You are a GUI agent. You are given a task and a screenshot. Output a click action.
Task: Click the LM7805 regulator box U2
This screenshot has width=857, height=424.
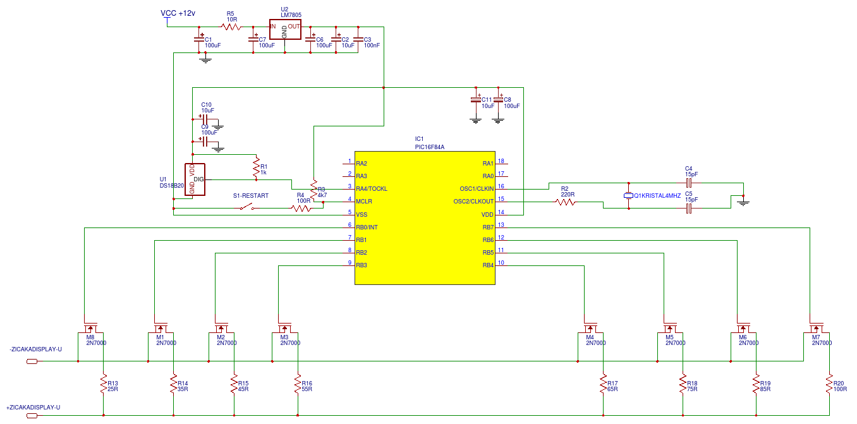click(285, 30)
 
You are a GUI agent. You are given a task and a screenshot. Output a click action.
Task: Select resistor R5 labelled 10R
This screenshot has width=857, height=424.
click(230, 27)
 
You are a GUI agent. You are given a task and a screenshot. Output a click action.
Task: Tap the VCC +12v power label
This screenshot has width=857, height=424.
click(178, 13)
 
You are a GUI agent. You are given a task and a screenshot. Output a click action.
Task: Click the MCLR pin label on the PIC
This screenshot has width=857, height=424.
click(364, 202)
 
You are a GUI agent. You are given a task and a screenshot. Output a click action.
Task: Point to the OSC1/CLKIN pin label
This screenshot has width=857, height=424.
click(477, 189)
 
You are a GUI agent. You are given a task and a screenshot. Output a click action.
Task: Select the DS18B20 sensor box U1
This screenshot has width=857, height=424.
click(195, 179)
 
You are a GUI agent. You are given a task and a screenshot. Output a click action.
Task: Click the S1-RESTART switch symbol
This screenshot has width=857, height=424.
click(246, 208)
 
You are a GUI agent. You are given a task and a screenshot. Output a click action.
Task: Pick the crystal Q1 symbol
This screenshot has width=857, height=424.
click(629, 195)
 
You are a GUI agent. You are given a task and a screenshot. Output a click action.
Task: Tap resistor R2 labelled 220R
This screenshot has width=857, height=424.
click(566, 202)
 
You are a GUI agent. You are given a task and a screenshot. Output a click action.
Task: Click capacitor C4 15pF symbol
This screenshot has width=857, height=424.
click(689, 183)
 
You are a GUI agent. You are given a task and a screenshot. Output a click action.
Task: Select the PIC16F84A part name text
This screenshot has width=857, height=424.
click(430, 147)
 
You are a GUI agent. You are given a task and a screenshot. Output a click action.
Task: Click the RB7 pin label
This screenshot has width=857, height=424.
click(488, 227)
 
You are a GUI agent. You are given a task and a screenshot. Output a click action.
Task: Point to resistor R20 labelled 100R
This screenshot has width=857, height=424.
click(829, 384)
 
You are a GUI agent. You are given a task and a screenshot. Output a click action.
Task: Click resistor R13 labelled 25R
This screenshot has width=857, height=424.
click(103, 384)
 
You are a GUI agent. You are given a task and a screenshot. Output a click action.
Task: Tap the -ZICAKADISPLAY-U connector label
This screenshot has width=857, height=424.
click(35, 349)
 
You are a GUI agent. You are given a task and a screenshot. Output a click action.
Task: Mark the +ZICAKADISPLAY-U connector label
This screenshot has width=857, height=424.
click(33, 408)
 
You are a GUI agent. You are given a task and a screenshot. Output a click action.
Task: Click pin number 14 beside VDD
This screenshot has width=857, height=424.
click(501, 212)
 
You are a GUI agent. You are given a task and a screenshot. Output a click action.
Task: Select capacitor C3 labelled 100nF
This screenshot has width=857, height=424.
click(358, 39)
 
